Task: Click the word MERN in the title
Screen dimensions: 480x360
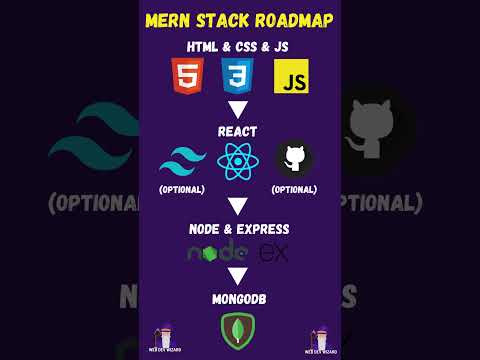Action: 172,20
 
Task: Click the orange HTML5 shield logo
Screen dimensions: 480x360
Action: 185,76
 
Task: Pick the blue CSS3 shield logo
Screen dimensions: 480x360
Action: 238,76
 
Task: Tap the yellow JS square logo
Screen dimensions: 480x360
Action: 291,76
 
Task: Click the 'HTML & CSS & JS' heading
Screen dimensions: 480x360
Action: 239,46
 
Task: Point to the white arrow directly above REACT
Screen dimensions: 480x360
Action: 239,109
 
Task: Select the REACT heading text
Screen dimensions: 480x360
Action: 239,131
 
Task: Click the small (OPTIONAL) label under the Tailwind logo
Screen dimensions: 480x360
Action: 182,189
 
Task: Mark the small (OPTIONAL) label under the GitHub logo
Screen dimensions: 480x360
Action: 294,189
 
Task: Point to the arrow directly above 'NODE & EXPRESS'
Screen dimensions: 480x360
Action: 239,208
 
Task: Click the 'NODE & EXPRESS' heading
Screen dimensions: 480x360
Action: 239,229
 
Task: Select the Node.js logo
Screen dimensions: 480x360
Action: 217,253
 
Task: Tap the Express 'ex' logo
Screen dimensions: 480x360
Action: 273,253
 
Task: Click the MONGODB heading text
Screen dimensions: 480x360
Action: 239,298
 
